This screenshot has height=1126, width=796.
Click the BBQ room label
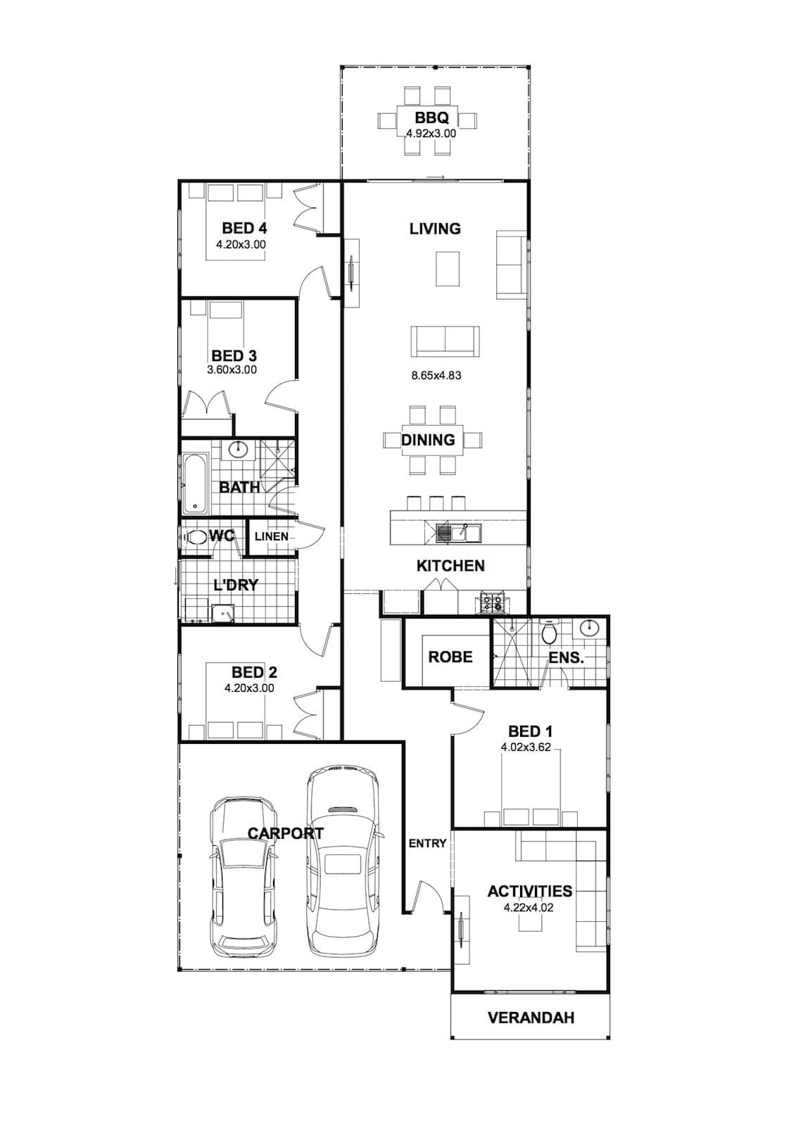[431, 118]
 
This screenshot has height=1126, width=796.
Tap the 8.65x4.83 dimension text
[436, 375]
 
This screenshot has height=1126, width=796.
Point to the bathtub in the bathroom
[195, 485]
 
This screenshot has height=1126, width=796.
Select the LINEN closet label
[272, 536]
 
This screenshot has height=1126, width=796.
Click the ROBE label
[450, 657]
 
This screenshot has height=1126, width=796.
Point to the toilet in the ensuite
[549, 633]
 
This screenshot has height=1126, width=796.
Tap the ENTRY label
[427, 843]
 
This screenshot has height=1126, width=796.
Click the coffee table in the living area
[448, 268]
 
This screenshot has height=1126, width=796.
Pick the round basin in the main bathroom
[238, 448]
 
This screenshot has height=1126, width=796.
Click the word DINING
[428, 440]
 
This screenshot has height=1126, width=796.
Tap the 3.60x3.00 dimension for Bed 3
[232, 369]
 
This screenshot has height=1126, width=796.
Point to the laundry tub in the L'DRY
[222, 612]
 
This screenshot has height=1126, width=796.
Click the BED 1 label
[531, 731]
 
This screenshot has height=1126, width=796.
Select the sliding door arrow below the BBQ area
[436, 177]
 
